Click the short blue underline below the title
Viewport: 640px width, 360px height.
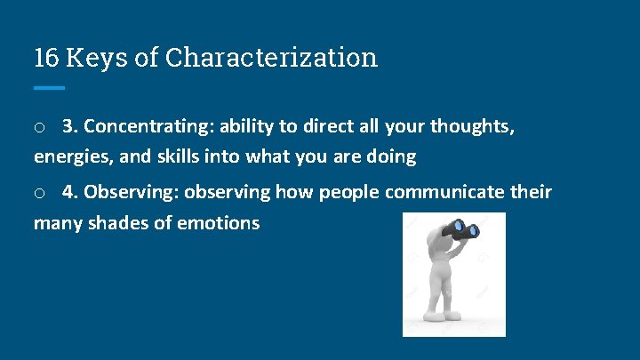pyautogui.click(x=50, y=88)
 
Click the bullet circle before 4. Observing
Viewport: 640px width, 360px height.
pyautogui.click(x=39, y=193)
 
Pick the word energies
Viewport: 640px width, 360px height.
pyautogui.click(x=69, y=156)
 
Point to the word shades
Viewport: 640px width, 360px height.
pyautogui.click(x=124, y=222)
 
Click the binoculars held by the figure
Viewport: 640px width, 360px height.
pyautogui.click(x=461, y=229)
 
